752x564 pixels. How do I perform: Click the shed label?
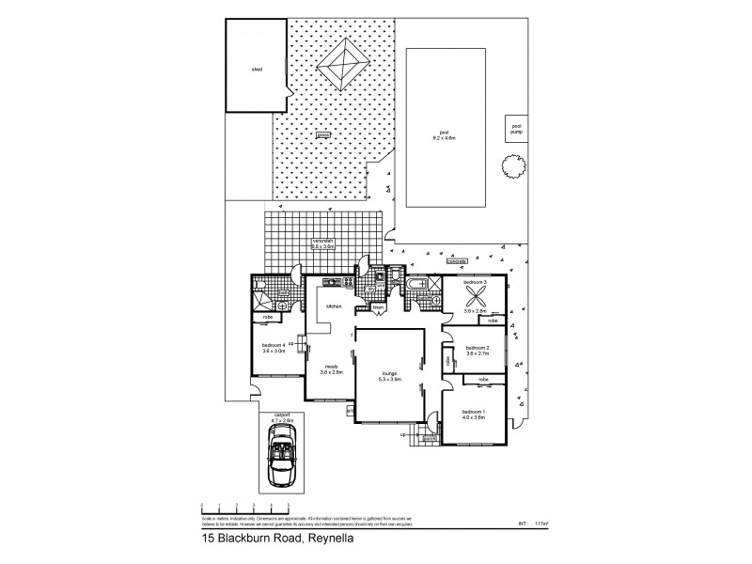coord(255,69)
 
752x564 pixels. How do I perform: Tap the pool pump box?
coord(515,128)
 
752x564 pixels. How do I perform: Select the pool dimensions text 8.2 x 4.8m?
coord(446,136)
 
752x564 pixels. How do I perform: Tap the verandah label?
coord(324,243)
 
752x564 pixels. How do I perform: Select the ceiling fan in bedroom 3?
coord(470,292)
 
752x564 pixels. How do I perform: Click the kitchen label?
coord(333,306)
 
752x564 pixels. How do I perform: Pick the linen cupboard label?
coord(381,307)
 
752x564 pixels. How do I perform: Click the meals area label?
coord(331,369)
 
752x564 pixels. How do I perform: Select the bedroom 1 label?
coord(473,414)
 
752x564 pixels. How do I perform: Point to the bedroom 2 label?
coord(478,350)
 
